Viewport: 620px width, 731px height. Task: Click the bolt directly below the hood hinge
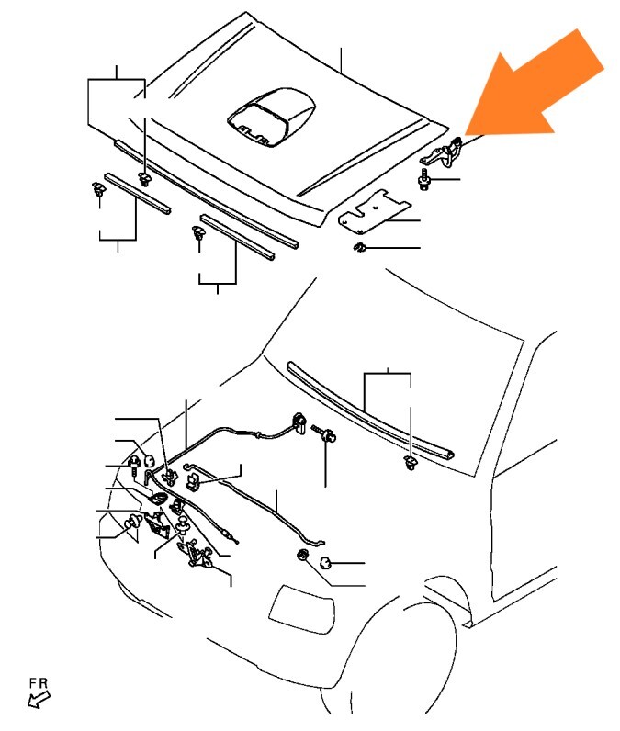coord(424,180)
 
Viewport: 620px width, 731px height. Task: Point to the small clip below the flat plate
coord(359,247)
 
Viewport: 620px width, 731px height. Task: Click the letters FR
coord(39,683)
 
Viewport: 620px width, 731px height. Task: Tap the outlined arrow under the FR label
coord(39,699)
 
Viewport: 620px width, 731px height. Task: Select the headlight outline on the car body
coord(302,610)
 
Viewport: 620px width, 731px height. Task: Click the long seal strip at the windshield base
coord(370,411)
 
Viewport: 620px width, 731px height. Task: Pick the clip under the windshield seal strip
coord(411,463)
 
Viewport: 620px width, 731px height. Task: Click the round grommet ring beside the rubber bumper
coord(303,555)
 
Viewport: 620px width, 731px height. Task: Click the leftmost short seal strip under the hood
coord(137,194)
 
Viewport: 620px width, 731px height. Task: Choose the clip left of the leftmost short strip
coord(98,189)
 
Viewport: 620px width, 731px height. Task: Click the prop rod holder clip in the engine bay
coord(194,482)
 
